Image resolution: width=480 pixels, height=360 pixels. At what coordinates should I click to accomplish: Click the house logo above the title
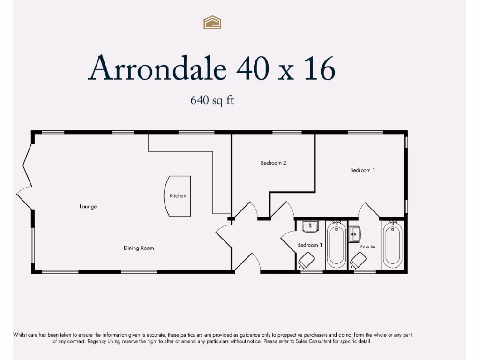tap(212, 22)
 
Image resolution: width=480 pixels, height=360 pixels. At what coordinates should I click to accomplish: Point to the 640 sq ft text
tap(212, 100)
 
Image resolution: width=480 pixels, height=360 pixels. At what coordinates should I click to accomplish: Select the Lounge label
tap(88, 207)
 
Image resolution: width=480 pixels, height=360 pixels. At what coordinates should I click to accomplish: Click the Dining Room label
tap(139, 248)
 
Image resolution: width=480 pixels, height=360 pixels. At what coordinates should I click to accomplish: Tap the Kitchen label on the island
tap(178, 196)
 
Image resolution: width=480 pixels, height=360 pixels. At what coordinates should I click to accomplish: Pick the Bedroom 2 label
tap(273, 163)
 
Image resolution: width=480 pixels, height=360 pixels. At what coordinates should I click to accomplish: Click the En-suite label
tap(367, 247)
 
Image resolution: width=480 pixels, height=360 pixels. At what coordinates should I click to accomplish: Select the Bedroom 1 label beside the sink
tap(309, 245)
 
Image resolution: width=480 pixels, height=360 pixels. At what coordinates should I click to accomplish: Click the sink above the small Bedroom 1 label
tap(310, 227)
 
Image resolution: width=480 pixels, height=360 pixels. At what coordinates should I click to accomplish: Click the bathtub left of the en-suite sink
tap(336, 245)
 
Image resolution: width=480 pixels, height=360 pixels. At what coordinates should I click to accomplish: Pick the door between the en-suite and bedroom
tap(369, 210)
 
